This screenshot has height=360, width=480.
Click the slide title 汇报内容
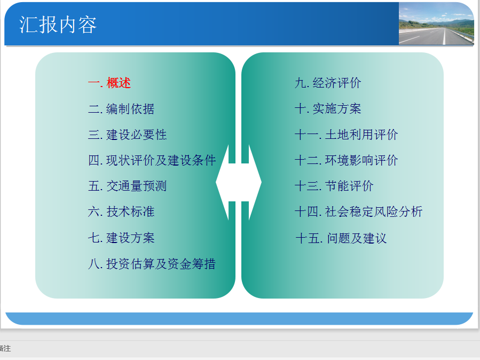point(58,25)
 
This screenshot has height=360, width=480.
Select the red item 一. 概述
point(109,83)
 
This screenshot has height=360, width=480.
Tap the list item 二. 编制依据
point(121,108)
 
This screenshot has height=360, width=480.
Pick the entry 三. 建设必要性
point(128,135)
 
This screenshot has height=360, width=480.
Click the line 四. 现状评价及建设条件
point(152,160)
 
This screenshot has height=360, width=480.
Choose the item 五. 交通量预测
point(128,186)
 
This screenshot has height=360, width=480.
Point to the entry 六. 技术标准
point(121,212)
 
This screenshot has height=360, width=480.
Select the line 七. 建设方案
point(121,238)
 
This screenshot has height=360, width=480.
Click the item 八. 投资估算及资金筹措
point(152,263)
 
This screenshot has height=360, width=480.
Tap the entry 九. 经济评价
point(328,83)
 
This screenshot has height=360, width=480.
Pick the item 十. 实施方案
point(328,108)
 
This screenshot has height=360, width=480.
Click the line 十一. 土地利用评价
point(346,135)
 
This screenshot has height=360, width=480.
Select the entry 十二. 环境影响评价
point(346,160)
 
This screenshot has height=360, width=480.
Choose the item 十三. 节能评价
point(334,186)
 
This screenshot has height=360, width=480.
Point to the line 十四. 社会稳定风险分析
point(358,212)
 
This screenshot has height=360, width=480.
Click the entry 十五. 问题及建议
point(341,238)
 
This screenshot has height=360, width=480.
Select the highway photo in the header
point(436,24)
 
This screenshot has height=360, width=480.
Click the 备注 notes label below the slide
point(5,348)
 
